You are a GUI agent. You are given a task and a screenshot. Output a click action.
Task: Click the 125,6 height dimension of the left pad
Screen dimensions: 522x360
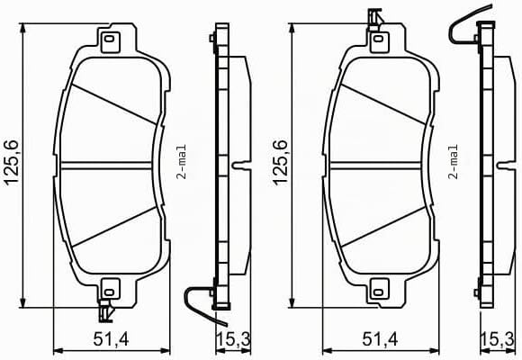12,163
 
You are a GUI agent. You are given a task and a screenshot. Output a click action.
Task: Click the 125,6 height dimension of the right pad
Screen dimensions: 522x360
280,163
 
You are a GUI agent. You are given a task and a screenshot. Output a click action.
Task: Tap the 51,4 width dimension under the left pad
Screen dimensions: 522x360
111,339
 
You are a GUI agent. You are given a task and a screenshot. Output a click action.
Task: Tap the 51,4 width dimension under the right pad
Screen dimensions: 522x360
380,339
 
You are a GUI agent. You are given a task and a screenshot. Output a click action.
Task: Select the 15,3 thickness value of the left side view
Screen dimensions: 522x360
233,339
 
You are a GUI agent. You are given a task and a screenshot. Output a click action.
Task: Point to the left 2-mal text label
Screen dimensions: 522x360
182,162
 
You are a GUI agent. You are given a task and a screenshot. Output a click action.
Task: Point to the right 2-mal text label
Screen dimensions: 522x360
454,162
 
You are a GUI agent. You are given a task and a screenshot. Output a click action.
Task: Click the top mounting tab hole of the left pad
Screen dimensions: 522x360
109,39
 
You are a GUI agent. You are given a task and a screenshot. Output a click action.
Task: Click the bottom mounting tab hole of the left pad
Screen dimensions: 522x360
109,292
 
